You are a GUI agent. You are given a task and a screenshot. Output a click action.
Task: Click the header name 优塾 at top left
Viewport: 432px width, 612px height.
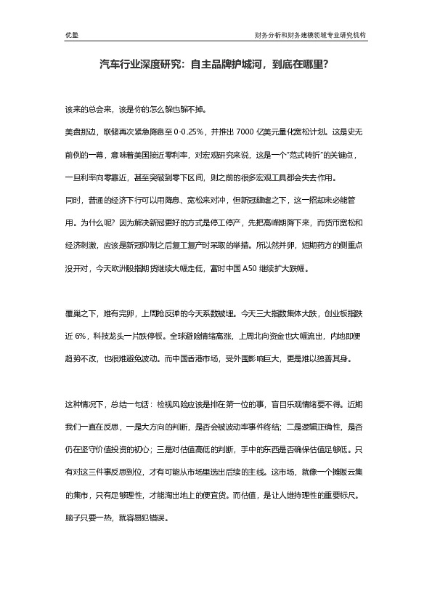[70, 33]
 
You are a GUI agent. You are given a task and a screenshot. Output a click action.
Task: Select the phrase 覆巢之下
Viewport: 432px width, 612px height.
[79, 314]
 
